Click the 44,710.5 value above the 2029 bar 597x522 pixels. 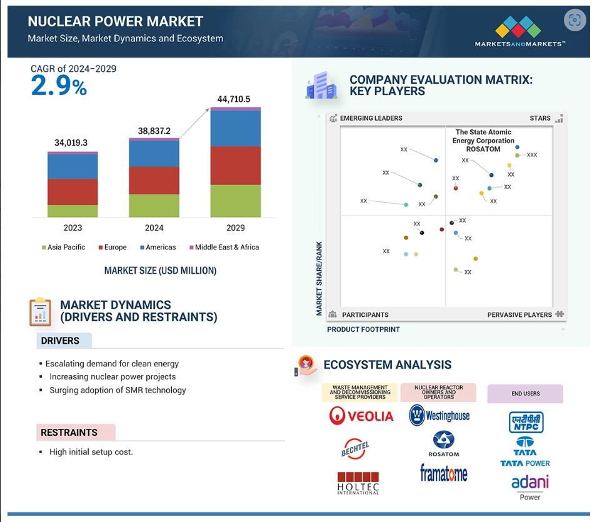point(234,99)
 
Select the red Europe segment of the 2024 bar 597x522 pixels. point(154,181)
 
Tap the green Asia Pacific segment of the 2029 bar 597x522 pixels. point(236,201)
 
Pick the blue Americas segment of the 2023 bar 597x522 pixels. point(73,166)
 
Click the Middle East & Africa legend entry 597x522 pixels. point(224,247)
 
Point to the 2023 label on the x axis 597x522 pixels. point(73,228)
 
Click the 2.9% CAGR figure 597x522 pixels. point(59,85)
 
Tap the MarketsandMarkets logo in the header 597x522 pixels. point(519,31)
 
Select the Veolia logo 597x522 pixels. point(361,415)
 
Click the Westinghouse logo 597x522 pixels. point(439,415)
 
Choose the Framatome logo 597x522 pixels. point(444,473)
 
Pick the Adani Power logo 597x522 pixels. point(530,488)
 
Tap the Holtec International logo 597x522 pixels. point(358,483)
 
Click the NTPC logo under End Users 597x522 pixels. point(526,422)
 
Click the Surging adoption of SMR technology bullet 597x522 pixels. point(118,390)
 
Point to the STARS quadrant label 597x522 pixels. point(540,118)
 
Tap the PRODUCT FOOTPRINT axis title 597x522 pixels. point(363,329)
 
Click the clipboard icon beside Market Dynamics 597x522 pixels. point(41,312)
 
